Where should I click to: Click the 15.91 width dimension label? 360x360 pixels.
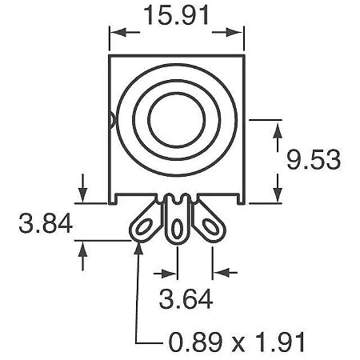(176, 15)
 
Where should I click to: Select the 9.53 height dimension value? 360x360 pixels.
(314, 160)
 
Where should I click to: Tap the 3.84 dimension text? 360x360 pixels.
(46, 223)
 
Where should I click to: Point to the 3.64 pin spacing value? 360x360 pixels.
(186, 298)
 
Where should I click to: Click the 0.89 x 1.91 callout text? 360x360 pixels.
(237, 342)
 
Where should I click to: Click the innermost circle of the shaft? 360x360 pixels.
(177, 120)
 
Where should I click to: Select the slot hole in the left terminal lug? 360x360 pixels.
(143, 227)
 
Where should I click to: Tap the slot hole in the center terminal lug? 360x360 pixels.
(177, 229)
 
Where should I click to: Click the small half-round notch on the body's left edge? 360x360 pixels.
(112, 120)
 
